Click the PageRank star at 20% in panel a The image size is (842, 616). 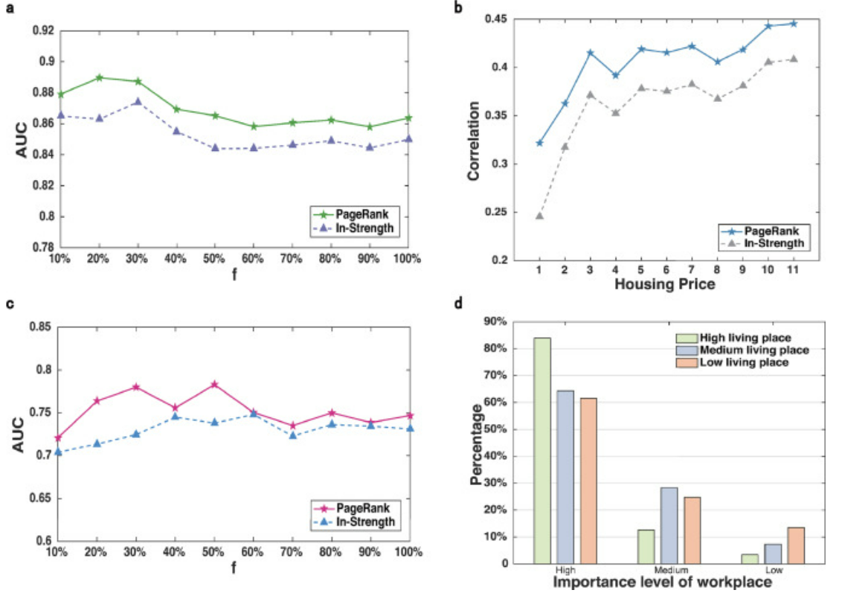point(99,77)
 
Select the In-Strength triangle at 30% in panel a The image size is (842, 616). point(138,102)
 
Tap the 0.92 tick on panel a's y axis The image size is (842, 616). point(44,31)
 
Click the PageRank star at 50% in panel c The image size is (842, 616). point(214,385)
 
